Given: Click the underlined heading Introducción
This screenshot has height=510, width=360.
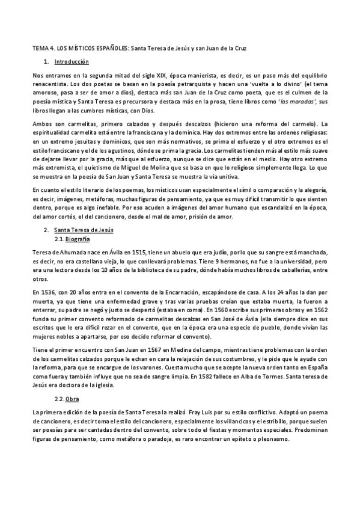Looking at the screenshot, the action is point(72,62).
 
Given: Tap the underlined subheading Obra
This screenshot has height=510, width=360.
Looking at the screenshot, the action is point(72,399).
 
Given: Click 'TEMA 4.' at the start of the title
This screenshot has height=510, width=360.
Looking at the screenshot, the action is point(43,47).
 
